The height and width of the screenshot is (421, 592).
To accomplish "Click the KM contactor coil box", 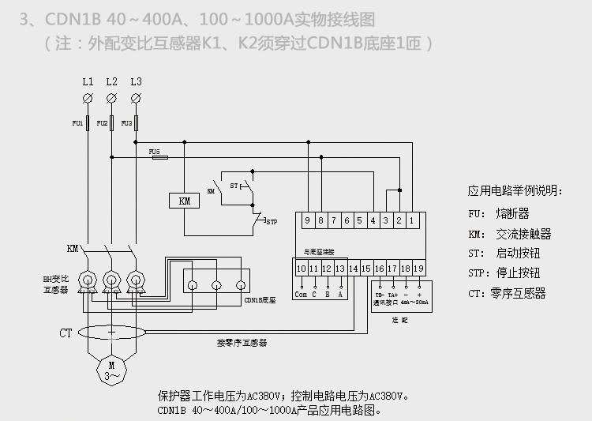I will tap(185, 201).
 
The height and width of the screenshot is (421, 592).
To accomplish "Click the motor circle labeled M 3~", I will tap(111, 370).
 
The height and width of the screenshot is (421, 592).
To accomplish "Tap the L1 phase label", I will tap(88, 81).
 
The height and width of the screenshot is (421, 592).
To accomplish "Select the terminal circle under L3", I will tap(137, 97).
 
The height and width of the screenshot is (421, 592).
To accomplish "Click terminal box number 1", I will tap(411, 220).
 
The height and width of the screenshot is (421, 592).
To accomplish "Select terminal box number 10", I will tap(301, 269).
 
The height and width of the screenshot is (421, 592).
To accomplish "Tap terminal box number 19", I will tap(418, 269).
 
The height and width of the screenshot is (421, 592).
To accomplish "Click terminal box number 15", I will tap(365, 269).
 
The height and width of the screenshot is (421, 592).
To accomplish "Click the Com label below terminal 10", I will tap(301, 294).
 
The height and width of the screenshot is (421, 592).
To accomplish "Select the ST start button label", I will tap(233, 185).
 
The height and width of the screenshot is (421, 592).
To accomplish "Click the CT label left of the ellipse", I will tap(66, 333).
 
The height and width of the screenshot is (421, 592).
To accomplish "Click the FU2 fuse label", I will tap(102, 124).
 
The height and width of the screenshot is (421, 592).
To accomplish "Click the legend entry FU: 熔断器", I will tap(498, 214).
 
